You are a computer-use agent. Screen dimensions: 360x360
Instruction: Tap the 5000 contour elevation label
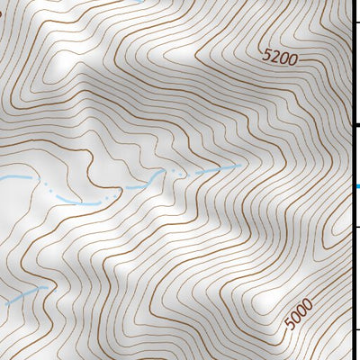[x=298, y=313]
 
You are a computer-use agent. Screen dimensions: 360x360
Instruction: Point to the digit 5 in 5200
[x=267, y=54]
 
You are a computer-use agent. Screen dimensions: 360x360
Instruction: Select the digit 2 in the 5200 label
[x=275, y=57]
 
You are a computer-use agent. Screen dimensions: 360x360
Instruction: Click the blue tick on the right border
[x=356, y=187]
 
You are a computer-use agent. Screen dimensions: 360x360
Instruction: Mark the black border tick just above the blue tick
[x=355, y=126]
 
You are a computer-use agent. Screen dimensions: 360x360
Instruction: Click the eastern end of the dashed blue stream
[x=241, y=166]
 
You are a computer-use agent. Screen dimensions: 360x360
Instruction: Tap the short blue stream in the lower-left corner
[x=25, y=296]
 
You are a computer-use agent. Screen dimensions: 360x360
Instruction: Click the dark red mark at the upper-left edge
[x=2, y=13]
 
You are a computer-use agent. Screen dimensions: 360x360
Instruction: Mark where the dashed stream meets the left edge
[x=2, y=179]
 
